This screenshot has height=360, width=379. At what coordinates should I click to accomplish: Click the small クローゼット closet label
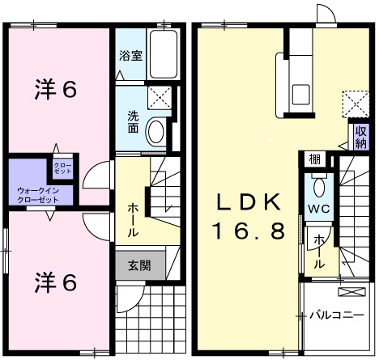pyautogui.click(x=63, y=168)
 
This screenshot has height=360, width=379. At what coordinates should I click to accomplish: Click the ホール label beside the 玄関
pyautogui.click(x=131, y=219)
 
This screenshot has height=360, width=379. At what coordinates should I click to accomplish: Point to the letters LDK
pyautogui.click(x=249, y=201)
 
